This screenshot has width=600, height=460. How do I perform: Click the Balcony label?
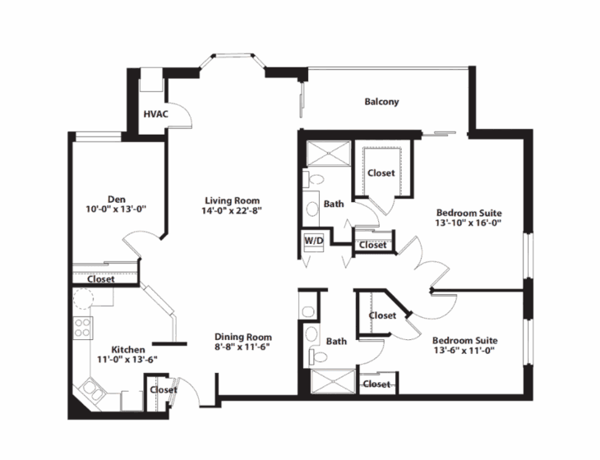381,102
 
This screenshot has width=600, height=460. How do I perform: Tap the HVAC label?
155,113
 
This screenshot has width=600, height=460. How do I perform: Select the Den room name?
116,198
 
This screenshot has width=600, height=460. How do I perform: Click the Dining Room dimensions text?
242,347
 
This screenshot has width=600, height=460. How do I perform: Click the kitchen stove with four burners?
83,329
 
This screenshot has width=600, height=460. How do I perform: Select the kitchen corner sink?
91,389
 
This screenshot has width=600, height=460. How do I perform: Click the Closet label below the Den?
100,279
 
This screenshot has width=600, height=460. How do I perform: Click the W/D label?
312,241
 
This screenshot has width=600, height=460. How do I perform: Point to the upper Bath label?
334,203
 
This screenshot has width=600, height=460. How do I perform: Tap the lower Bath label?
337,340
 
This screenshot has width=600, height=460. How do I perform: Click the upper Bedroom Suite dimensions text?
468,222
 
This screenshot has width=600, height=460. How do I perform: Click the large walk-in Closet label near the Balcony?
381,172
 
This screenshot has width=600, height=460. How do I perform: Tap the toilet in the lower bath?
312,334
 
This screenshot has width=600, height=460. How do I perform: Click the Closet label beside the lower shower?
377,384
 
